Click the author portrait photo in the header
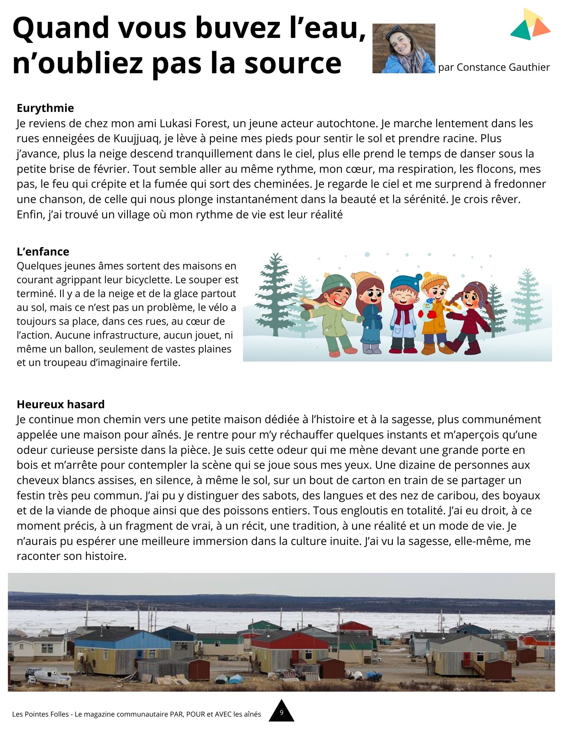(x=403, y=48)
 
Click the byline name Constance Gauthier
(x=503, y=67)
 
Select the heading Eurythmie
(x=45, y=108)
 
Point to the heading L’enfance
(x=43, y=252)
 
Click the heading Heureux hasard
(x=60, y=404)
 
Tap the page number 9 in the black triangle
(x=281, y=712)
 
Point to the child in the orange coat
(x=434, y=313)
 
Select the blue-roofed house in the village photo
(x=122, y=649)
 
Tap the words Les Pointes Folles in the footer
(x=40, y=714)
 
